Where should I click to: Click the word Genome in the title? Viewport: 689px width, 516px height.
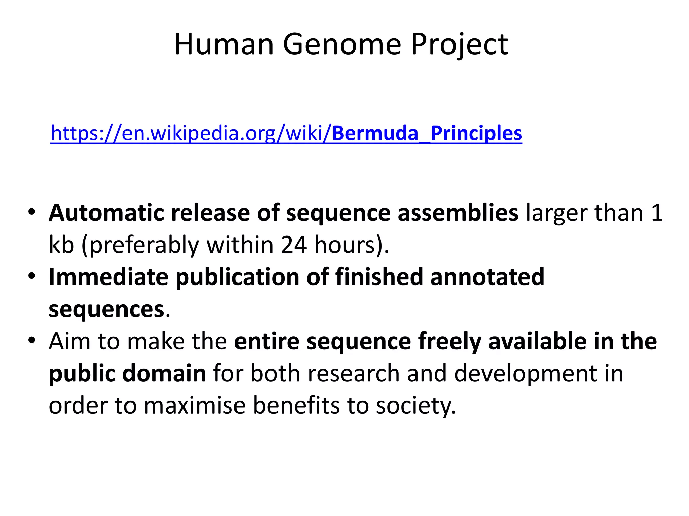[342, 44]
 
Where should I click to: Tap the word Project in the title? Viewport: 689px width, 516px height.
[459, 44]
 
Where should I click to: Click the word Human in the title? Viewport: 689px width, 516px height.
[224, 44]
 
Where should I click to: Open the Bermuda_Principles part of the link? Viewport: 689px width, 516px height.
[427, 133]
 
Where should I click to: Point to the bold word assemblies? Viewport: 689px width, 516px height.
[458, 213]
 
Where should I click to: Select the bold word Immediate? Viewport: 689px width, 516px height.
[108, 277]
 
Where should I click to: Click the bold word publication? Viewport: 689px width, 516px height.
[237, 277]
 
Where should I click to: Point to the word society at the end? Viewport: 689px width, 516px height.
[415, 405]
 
